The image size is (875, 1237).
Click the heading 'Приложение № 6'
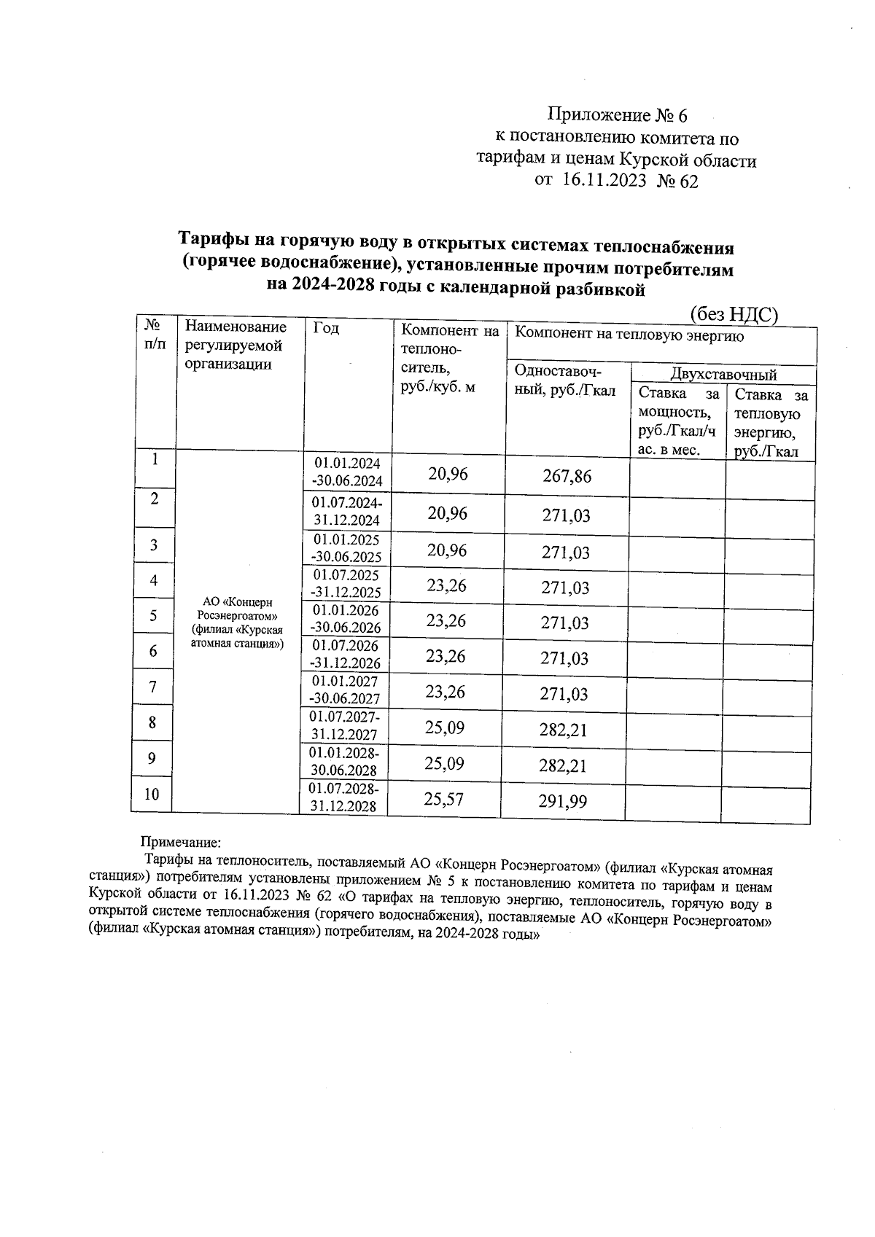[x=617, y=115]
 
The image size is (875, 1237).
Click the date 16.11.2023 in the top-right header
[x=604, y=181]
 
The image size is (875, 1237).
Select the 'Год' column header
[x=326, y=329]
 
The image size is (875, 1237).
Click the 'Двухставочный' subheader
[x=723, y=375]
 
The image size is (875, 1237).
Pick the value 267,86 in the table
[x=567, y=477]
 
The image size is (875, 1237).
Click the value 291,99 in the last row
[x=562, y=802]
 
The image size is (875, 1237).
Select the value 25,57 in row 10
[x=443, y=800]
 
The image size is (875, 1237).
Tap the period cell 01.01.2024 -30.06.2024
[x=347, y=472]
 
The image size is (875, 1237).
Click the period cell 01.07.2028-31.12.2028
[x=342, y=797]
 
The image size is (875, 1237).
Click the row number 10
[x=152, y=795]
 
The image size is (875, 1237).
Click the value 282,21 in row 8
[x=563, y=730]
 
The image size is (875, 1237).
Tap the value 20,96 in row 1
[x=448, y=475]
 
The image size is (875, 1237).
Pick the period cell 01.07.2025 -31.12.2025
[x=346, y=584]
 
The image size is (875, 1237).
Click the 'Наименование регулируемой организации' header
[x=235, y=346]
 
